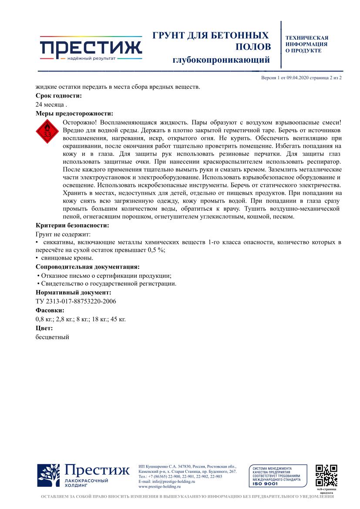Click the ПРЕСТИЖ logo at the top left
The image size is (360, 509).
click(91, 48)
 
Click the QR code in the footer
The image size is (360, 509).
click(326, 475)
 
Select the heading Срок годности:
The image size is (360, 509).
click(58, 95)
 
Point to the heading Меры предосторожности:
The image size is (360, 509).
click(74, 113)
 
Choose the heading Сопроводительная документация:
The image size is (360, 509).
click(87, 266)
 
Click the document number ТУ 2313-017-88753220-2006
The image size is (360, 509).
click(76, 301)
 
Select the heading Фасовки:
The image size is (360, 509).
click(50, 310)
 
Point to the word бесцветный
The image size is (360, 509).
click(52, 337)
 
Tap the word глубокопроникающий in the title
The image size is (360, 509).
click(221, 59)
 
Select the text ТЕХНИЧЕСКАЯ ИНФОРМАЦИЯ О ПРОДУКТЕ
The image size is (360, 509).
click(307, 44)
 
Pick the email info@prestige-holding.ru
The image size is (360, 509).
click(166, 482)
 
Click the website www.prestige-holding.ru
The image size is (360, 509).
click(159, 487)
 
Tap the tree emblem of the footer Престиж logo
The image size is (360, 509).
click(49, 475)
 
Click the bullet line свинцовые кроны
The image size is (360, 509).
click(66, 258)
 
